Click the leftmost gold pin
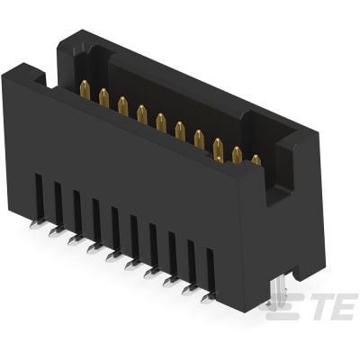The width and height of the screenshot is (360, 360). coord(85,89)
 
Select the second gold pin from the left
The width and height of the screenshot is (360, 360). coord(103,97)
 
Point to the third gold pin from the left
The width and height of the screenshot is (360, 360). coord(122,104)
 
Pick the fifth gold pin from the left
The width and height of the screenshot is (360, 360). coord(161,121)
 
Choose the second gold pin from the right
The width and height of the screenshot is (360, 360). coord(237,153)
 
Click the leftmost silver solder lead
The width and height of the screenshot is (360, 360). coord(35,225)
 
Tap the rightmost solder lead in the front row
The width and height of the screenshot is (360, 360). coord(207,298)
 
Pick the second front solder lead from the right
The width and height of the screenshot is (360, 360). coord(188,290)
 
